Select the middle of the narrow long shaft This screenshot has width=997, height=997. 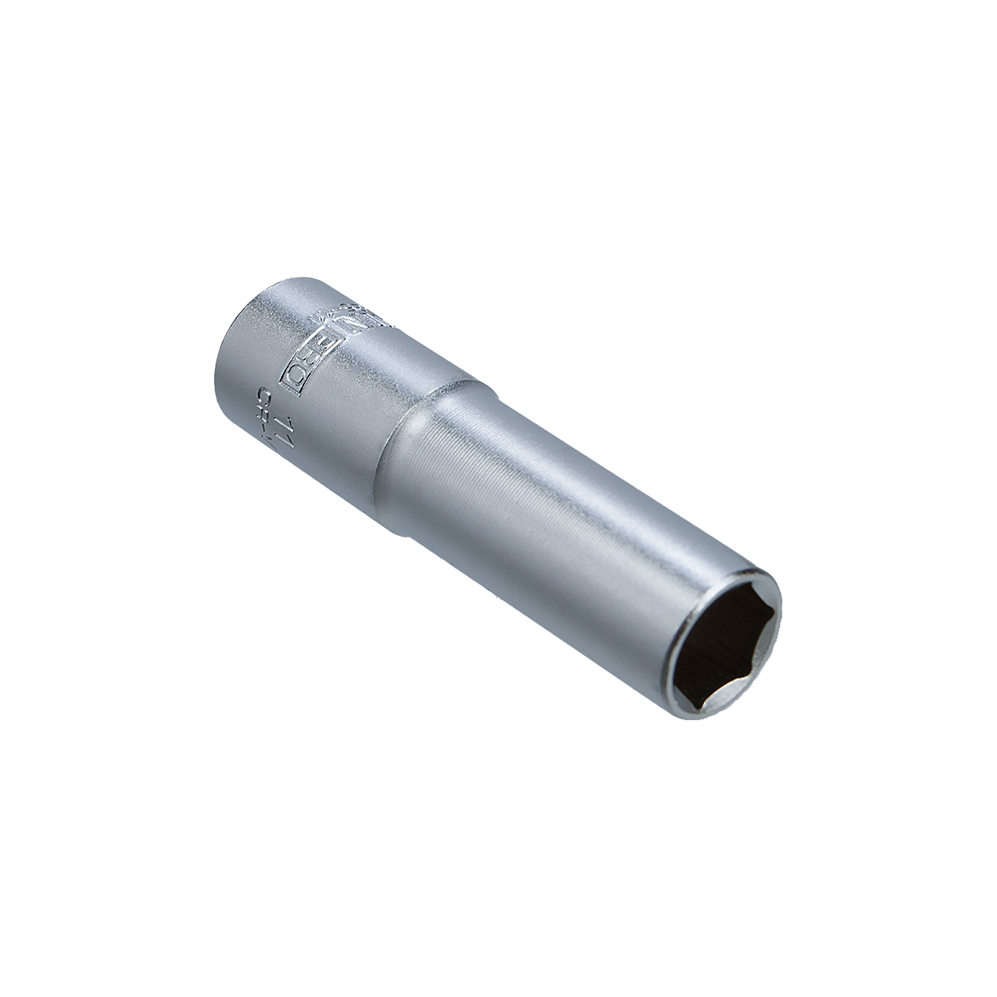tap(552, 537)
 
